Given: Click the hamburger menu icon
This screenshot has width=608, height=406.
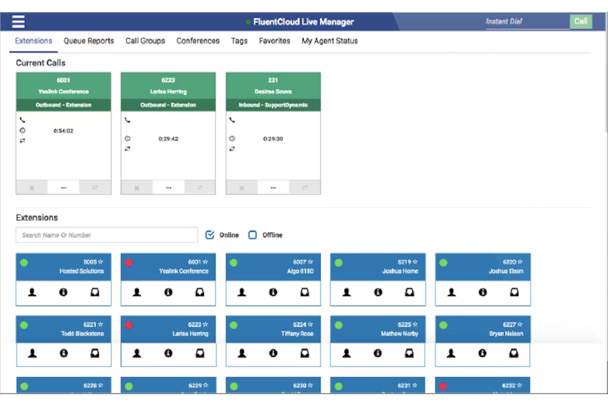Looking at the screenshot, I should click(18, 21).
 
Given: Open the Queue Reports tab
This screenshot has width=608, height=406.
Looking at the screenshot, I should click(89, 41).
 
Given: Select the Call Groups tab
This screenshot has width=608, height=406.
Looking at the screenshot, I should click(145, 41).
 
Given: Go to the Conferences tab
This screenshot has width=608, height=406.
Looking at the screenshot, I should click(198, 41).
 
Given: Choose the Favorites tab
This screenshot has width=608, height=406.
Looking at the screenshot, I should click(274, 41).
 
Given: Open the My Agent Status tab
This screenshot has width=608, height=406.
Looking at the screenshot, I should click(329, 41).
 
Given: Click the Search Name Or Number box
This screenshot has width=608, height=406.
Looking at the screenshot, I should click(107, 235).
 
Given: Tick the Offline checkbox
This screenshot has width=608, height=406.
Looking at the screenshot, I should click(253, 235).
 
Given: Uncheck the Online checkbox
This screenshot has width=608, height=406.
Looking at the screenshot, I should click(210, 235).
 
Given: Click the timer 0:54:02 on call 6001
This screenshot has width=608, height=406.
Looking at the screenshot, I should click(63, 131).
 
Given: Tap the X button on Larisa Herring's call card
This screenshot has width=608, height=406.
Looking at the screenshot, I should click(137, 188).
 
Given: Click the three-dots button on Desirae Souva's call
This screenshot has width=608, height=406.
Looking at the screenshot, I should click(273, 188).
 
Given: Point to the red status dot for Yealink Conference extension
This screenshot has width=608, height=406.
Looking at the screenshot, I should click(129, 263).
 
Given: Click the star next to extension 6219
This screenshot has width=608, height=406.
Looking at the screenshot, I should click(415, 262).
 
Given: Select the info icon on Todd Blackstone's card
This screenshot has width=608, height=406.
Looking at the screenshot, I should click(63, 353).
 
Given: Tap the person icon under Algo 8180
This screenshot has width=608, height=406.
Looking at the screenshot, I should click(242, 292).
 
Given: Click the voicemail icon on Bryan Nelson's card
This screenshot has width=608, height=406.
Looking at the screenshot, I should click(514, 353).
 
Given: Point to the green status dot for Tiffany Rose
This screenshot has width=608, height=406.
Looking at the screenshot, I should click(234, 325).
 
